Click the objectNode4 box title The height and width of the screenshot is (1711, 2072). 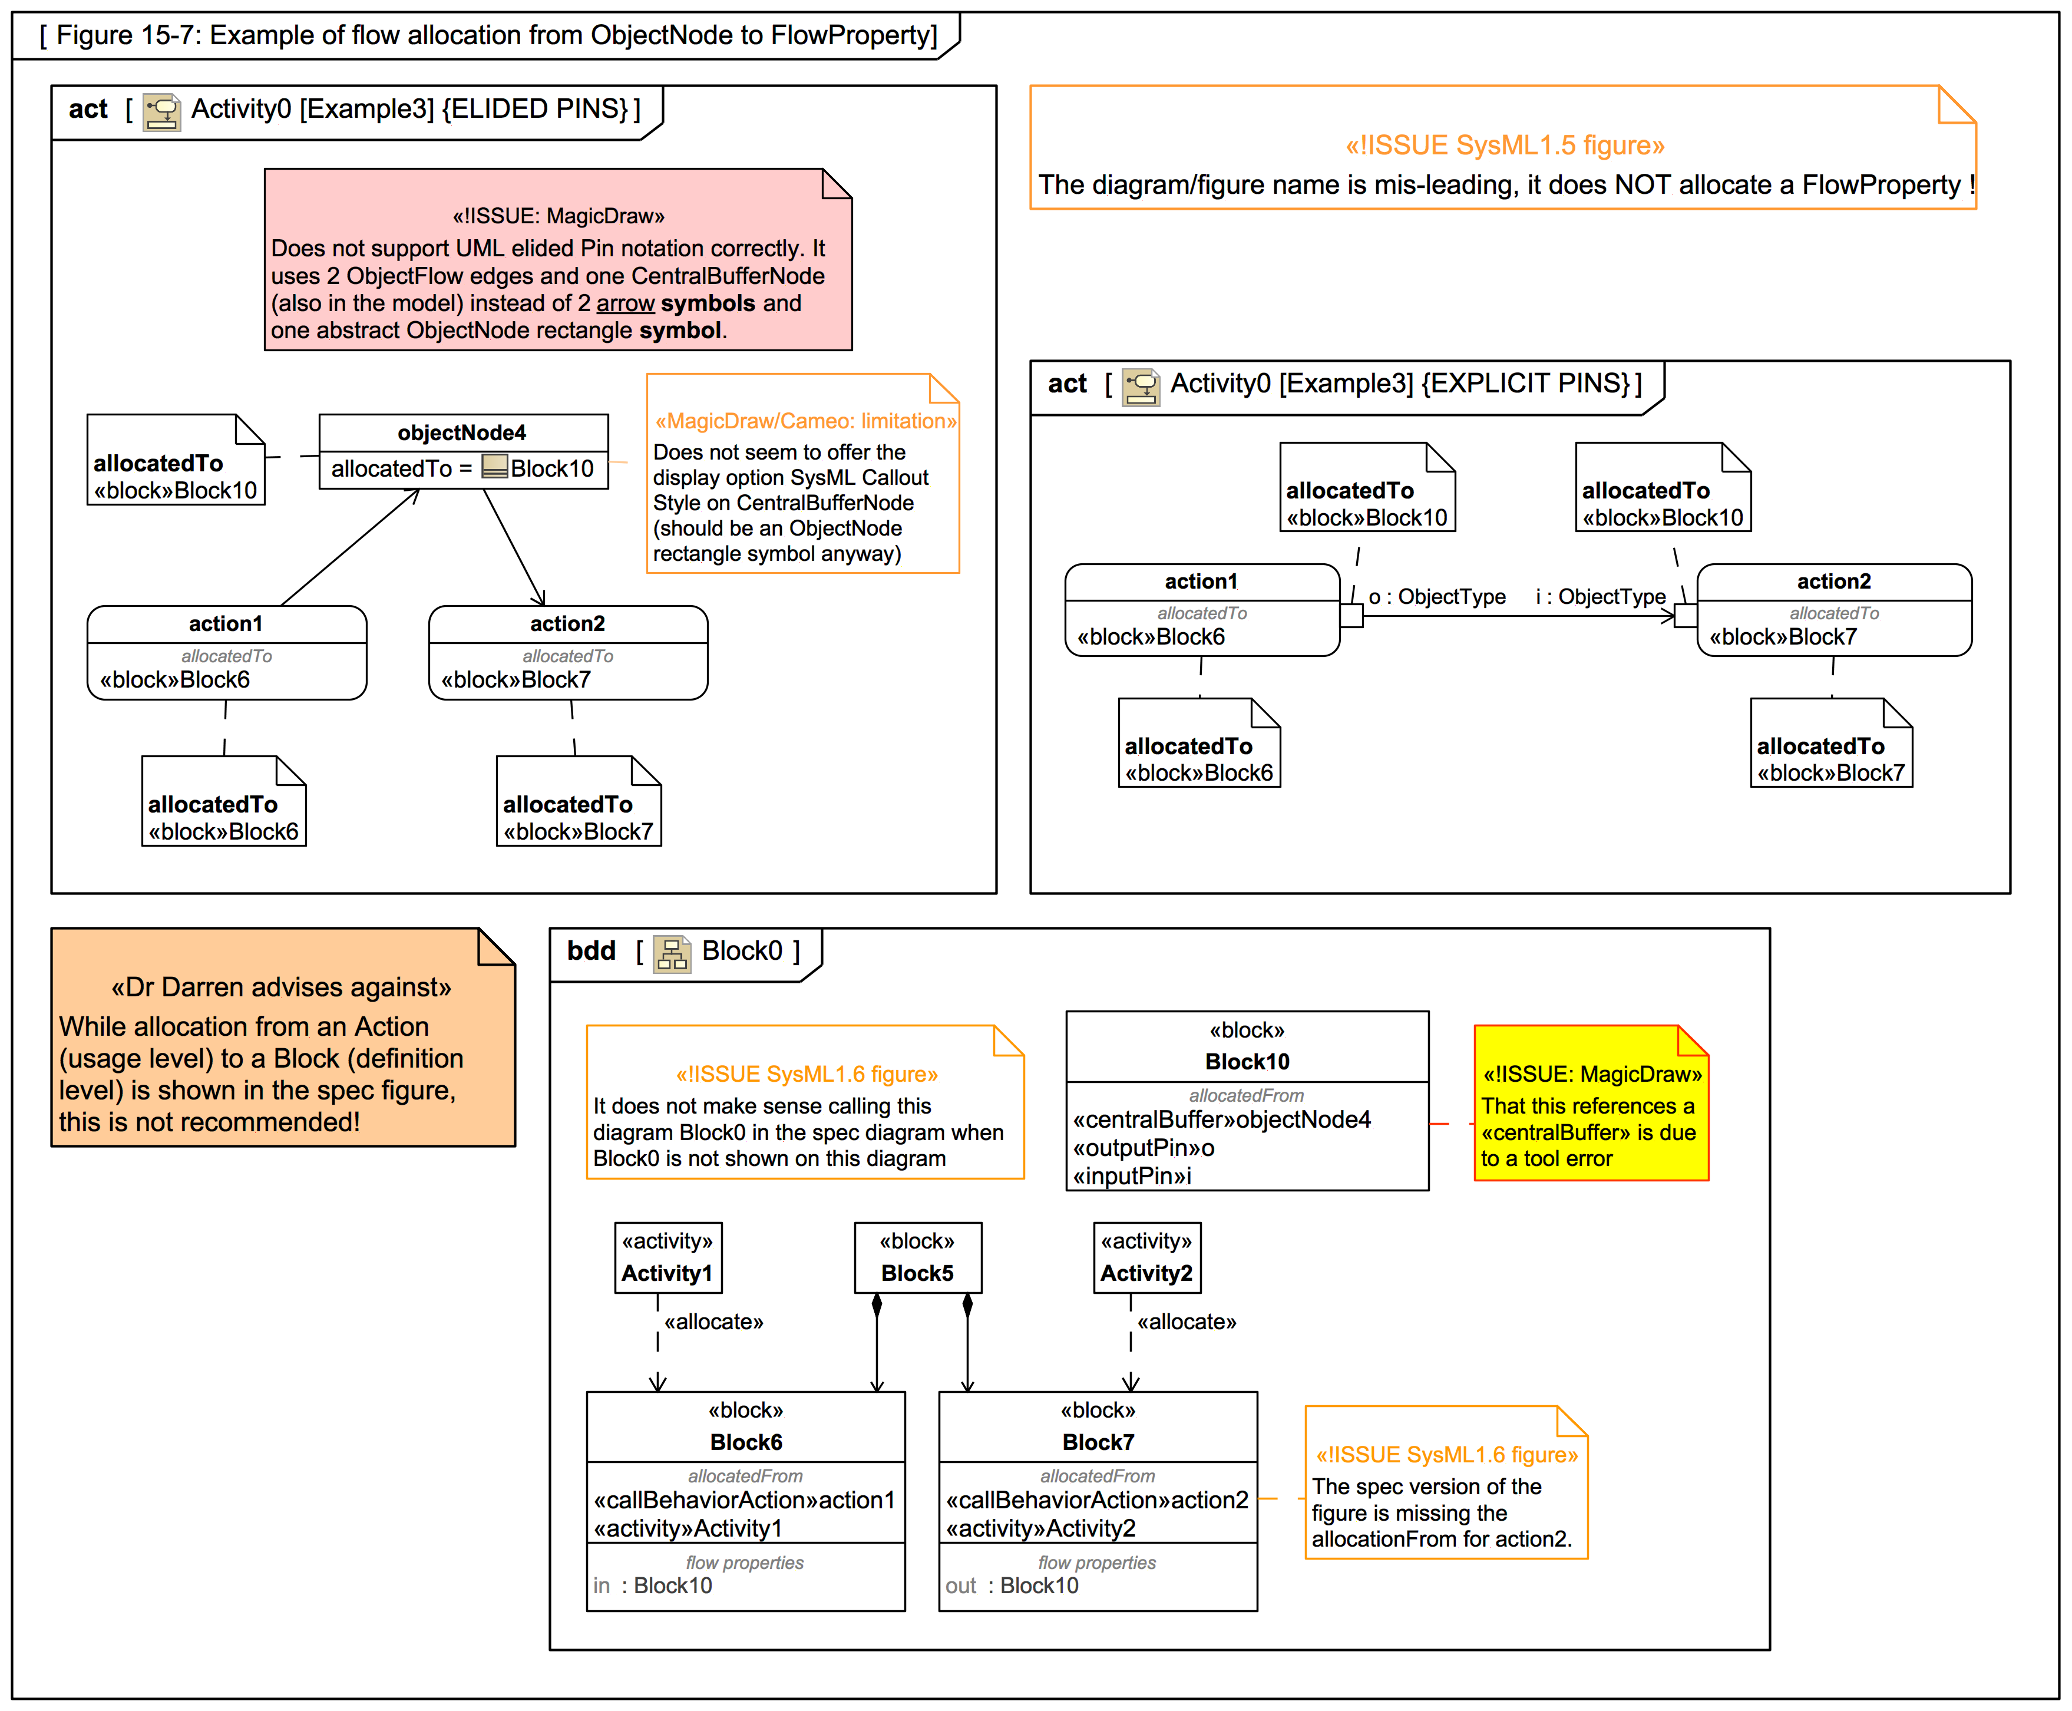pos(461,432)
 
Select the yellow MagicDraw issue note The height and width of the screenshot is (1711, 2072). pos(1590,1104)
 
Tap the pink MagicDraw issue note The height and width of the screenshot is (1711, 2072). pos(558,260)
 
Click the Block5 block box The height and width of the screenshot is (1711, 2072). pos(917,1258)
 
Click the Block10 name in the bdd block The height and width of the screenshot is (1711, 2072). pos(1247,1062)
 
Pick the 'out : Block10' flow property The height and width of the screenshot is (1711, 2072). pos(1012,1586)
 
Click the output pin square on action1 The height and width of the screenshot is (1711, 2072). pos(1351,616)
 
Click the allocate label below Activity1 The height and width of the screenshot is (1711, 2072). pos(713,1322)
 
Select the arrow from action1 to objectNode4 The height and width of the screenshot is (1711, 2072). pos(350,548)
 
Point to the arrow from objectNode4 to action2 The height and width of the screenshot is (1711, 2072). pos(513,547)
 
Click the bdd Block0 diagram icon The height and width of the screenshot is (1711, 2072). pos(672,953)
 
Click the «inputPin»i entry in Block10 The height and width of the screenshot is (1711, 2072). pos(1132,1176)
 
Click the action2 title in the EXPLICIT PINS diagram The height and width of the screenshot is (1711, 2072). pos(1833,582)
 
